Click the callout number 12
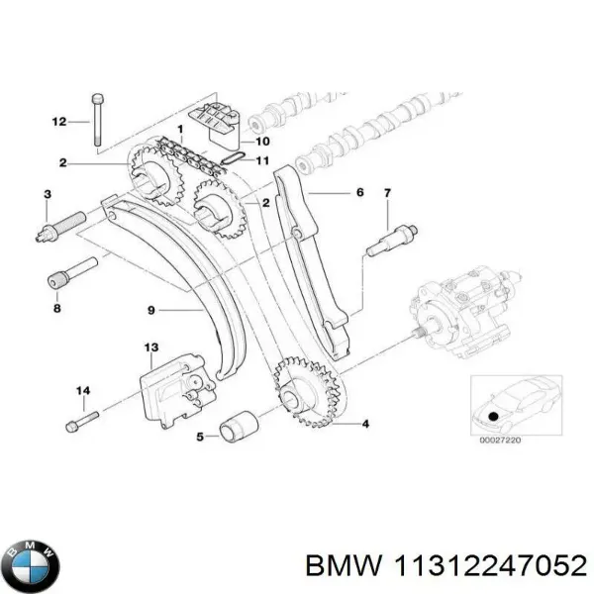pyautogui.click(x=58, y=122)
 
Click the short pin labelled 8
pyautogui.click(x=72, y=274)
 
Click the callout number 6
pyautogui.click(x=360, y=192)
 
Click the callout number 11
pyautogui.click(x=262, y=160)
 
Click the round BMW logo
pyautogui.click(x=31, y=567)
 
